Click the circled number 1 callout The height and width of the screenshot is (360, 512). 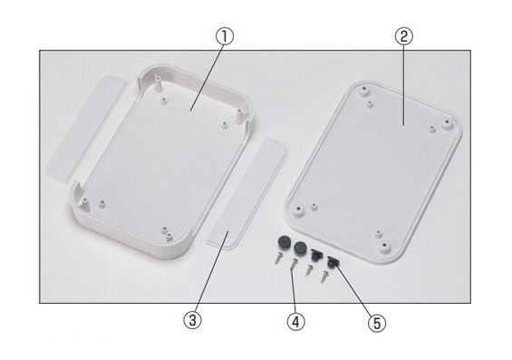[x=225, y=36]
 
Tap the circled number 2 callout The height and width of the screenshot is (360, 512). [x=404, y=36]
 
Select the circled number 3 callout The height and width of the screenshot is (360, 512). [x=192, y=320]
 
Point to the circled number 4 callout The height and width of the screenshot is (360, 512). [x=295, y=323]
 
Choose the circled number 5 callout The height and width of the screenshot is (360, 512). [x=377, y=324]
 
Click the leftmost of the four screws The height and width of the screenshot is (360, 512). [x=277, y=259]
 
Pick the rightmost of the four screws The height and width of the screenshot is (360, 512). [x=324, y=277]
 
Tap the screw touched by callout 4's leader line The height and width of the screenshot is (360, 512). [x=294, y=264]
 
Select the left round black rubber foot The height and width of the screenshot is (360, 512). [x=284, y=243]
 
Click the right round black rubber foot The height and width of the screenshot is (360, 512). [x=300, y=248]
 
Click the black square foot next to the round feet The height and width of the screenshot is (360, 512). [x=315, y=255]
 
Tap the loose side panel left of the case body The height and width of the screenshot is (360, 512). [x=85, y=127]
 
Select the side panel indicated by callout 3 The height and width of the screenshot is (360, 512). [x=247, y=193]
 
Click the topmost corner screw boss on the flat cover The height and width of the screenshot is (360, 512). [x=363, y=90]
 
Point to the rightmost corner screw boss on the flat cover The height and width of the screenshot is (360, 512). [x=447, y=124]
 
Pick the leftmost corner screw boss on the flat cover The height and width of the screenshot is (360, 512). [x=298, y=209]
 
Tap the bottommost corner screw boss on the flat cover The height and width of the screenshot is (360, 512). [x=384, y=247]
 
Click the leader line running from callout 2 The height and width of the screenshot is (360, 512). [x=404, y=85]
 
